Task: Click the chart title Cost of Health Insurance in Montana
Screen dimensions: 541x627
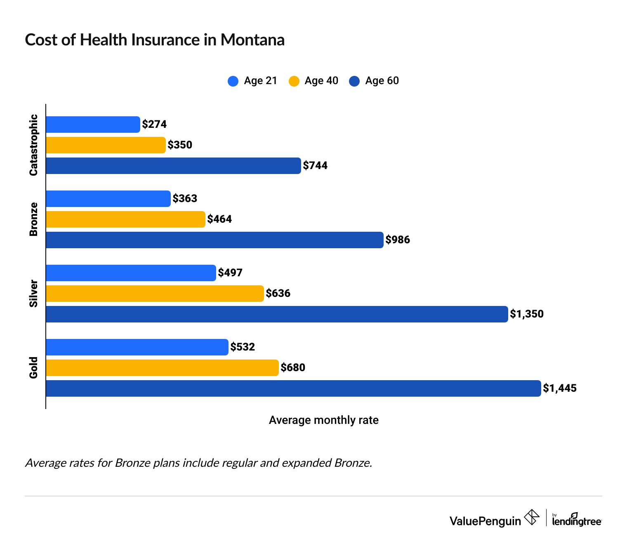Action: (155, 40)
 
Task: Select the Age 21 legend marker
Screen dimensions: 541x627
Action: (233, 81)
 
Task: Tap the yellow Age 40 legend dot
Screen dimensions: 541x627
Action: (294, 81)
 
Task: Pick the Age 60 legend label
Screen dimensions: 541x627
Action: (382, 81)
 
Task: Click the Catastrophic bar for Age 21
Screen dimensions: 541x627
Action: (93, 125)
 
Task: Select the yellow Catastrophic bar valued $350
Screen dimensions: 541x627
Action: (106, 145)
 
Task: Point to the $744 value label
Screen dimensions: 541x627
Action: (315, 166)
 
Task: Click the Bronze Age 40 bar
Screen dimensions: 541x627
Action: (125, 219)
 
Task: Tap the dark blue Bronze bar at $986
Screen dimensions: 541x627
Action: (214, 240)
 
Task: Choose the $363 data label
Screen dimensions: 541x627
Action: (185, 199)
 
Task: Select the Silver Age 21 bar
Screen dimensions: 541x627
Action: (131, 273)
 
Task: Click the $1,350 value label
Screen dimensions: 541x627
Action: (527, 314)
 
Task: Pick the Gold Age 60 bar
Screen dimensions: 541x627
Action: (293, 388)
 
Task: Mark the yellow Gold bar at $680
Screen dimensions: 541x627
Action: (162, 368)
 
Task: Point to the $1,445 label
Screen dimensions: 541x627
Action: (560, 388)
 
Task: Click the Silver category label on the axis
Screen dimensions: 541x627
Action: (33, 294)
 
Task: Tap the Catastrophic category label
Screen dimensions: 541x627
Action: (33, 145)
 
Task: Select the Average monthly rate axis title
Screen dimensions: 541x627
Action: (323, 420)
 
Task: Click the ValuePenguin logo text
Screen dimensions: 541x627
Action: (485, 521)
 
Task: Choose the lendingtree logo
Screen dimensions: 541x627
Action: (577, 520)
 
